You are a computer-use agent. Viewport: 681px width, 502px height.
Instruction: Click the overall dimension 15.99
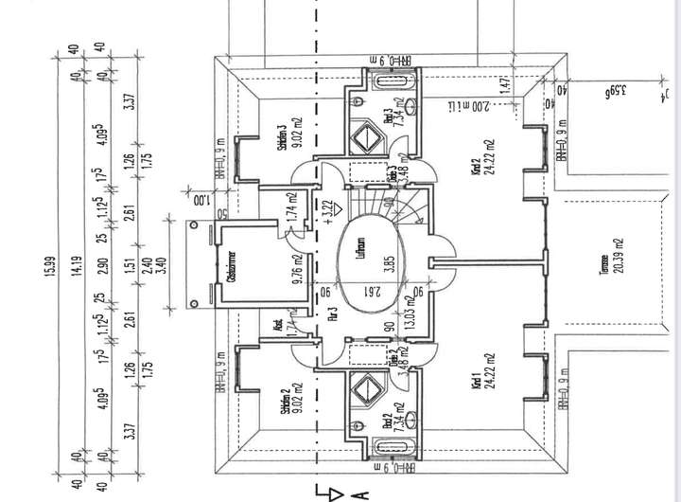[x=44, y=270]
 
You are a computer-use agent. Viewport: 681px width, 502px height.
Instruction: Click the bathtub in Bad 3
[x=386, y=80]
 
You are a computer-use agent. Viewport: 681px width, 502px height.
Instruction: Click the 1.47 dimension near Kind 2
[x=505, y=84]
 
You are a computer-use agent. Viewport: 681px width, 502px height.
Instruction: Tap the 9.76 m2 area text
[x=296, y=270]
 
